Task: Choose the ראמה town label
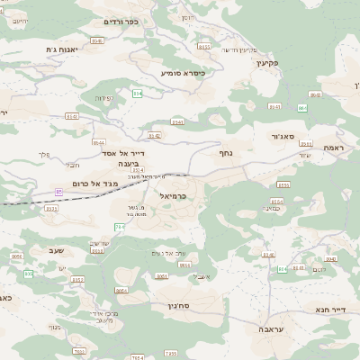(334, 148)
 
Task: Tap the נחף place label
(227, 153)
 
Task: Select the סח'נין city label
(181, 306)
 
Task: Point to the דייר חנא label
(330, 310)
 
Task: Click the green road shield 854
(137, 93)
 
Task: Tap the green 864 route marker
(301, 107)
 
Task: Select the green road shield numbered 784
(120, 226)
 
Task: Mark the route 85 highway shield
(59, 192)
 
